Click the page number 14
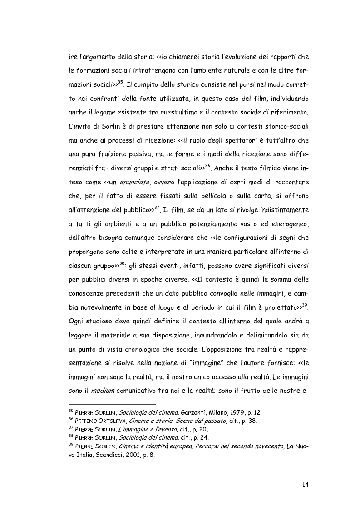(x=305, y=485)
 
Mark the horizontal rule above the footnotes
(x=112, y=404)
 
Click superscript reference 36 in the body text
(x=208, y=166)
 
